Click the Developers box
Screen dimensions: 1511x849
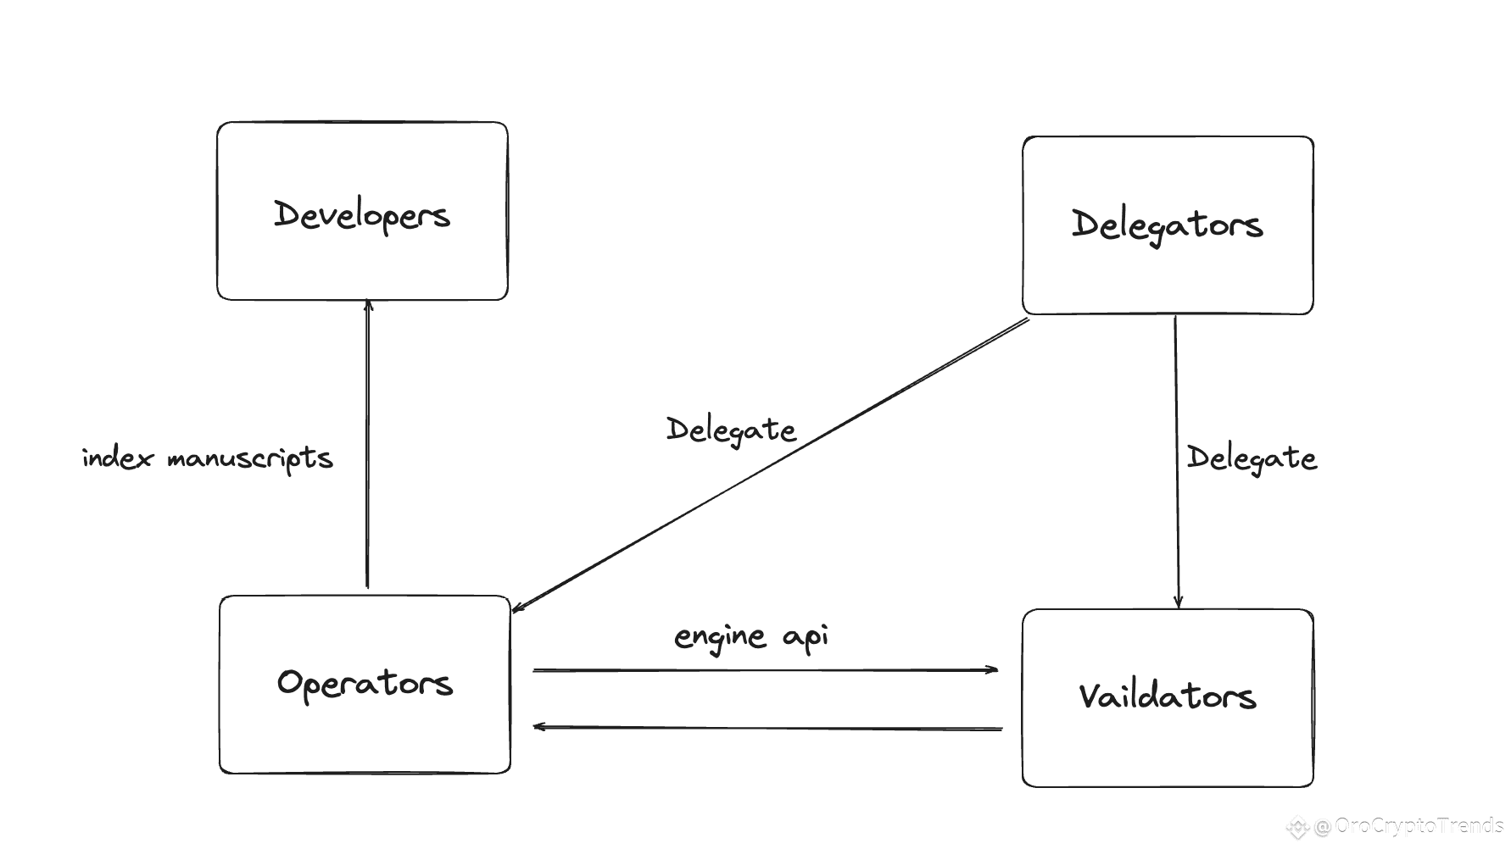[x=362, y=211]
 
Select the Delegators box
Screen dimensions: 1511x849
[x=1168, y=225]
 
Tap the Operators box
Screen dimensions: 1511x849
[x=365, y=685]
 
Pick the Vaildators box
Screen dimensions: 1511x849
[x=1168, y=698]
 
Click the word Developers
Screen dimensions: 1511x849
[x=362, y=215]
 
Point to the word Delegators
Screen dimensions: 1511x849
[x=1168, y=225]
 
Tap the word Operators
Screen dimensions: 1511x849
[x=365, y=683]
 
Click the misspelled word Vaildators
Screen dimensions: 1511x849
[x=1168, y=696]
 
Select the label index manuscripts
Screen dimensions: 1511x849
[x=208, y=458]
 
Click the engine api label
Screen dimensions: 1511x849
[x=751, y=637]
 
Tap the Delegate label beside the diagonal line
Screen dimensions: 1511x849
[x=731, y=430]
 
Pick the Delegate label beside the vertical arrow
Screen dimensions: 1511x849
[x=1252, y=458]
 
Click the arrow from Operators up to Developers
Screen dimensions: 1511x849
[x=367, y=443]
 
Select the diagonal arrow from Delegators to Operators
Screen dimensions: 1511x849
[x=770, y=464]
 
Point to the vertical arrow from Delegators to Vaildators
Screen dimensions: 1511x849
[x=1176, y=462]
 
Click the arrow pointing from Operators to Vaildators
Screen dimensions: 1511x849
[x=766, y=670]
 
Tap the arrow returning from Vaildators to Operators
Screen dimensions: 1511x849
[x=767, y=727]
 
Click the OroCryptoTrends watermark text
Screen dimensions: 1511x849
[x=1419, y=825]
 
